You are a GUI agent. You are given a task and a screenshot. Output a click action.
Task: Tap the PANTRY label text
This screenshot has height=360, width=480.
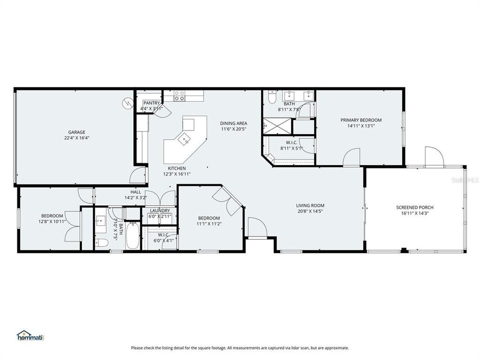(151, 102)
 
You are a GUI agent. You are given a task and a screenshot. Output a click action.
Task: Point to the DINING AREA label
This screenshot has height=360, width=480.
(234, 123)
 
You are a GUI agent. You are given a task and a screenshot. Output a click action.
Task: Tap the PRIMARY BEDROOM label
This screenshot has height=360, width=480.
(360, 120)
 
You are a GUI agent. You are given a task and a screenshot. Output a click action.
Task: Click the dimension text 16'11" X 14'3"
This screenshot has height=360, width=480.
(414, 213)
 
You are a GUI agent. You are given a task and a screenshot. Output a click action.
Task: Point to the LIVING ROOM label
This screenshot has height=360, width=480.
(310, 205)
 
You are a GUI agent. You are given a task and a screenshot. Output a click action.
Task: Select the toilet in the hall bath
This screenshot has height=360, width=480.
(101, 242)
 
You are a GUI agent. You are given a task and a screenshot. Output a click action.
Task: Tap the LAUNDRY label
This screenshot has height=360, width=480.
(159, 210)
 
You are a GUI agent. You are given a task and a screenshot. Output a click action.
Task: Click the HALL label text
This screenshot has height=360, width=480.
(135, 191)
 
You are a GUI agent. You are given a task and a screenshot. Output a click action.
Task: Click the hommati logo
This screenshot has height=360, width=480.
(30, 335)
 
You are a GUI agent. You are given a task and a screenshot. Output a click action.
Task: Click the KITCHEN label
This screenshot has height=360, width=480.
(176, 168)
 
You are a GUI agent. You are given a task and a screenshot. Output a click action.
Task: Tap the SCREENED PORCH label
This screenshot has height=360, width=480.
(414, 207)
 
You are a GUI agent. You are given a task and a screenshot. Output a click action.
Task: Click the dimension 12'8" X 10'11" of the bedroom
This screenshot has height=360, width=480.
(51, 221)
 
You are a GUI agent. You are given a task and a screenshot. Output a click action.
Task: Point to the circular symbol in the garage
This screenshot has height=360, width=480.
(126, 102)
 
